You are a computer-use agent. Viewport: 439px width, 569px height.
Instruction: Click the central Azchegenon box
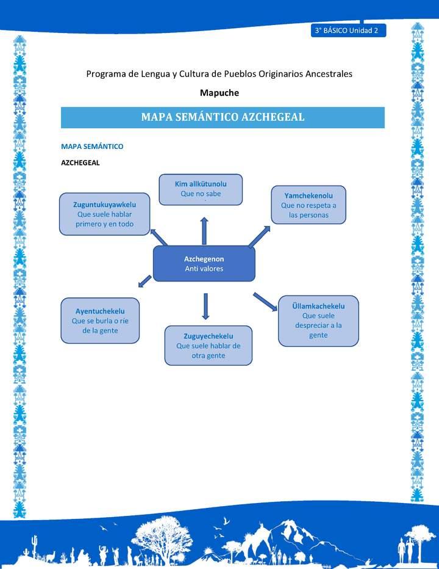click(x=204, y=263)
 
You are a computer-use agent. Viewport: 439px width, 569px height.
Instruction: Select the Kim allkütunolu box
click(x=201, y=189)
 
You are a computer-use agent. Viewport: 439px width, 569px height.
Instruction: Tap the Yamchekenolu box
click(x=309, y=205)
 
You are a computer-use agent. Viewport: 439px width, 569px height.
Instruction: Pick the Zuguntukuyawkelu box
click(x=104, y=214)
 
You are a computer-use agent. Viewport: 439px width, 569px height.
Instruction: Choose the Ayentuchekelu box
click(x=100, y=321)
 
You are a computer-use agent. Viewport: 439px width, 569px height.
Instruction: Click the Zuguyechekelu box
click(x=208, y=346)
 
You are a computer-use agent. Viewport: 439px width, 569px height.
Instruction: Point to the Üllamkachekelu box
click(x=318, y=321)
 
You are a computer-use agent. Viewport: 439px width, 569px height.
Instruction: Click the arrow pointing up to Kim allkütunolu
click(x=204, y=230)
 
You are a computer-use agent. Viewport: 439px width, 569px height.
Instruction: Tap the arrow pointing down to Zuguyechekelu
click(x=205, y=306)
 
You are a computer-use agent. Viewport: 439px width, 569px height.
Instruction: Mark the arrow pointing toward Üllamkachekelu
click(x=265, y=301)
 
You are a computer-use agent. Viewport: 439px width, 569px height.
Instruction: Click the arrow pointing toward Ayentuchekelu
click(x=145, y=281)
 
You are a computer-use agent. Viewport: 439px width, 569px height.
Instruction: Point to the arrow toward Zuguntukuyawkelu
click(x=160, y=236)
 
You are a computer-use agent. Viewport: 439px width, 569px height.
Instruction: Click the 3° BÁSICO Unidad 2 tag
click(x=348, y=31)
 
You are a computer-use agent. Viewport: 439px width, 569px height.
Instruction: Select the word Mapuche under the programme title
click(x=220, y=93)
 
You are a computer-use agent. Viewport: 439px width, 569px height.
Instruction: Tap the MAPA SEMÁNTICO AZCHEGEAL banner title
click(x=223, y=117)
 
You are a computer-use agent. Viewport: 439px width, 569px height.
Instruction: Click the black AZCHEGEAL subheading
click(x=80, y=163)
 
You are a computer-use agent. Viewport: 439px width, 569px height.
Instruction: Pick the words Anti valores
click(x=204, y=269)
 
